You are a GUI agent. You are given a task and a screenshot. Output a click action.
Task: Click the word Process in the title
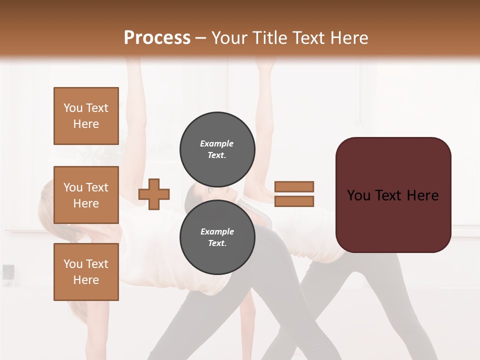coord(157,37)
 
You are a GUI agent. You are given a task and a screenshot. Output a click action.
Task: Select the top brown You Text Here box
coord(86,116)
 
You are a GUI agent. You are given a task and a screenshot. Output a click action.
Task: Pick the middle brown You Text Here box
coord(86,195)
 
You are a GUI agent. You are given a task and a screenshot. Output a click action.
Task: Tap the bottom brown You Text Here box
coord(86,272)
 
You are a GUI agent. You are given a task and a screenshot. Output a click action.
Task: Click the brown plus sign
coord(154,194)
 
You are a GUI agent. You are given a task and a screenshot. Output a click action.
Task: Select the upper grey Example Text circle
coord(217,149)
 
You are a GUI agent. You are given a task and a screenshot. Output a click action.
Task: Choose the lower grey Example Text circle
coord(217,237)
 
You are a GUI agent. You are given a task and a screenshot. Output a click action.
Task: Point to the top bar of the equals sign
coord(294,186)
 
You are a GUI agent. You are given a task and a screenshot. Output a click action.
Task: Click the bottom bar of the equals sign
coord(294,201)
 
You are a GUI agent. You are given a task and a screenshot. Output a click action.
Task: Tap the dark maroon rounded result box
coord(393,195)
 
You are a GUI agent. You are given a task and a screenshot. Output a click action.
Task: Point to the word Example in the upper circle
coord(217,143)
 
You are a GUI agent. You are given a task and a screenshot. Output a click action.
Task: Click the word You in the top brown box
coord(73,108)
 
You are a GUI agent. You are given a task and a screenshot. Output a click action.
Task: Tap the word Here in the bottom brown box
coord(86,280)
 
